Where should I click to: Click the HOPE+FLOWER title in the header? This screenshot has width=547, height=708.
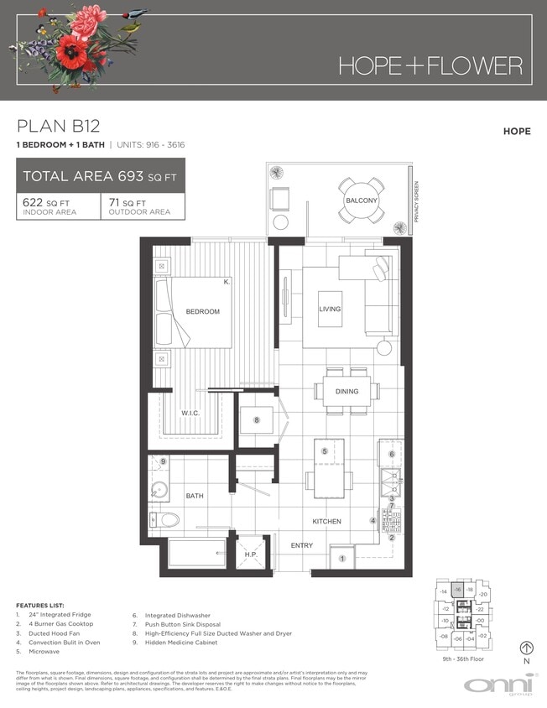pyautogui.click(x=430, y=65)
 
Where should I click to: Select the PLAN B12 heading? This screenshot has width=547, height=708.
pyautogui.click(x=59, y=127)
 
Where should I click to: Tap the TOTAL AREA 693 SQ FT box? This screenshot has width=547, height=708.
pyautogui.click(x=101, y=176)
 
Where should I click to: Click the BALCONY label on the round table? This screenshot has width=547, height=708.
pyautogui.click(x=362, y=201)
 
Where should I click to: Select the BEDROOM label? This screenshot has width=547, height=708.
pyautogui.click(x=202, y=312)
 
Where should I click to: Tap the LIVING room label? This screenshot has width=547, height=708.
pyautogui.click(x=330, y=310)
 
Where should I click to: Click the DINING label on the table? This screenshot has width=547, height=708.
pyautogui.click(x=346, y=392)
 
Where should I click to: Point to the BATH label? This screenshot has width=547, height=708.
pyautogui.click(x=195, y=497)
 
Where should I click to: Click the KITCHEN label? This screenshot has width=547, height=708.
pyautogui.click(x=326, y=522)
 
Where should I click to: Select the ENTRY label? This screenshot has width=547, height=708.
pyautogui.click(x=301, y=546)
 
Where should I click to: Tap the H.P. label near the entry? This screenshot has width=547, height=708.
pyautogui.click(x=250, y=554)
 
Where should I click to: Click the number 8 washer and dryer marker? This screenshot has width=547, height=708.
pyautogui.click(x=257, y=419)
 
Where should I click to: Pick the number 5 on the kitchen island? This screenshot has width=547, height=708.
pyautogui.click(x=324, y=451)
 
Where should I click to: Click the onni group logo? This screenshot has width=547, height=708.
pyautogui.click(x=495, y=685)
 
